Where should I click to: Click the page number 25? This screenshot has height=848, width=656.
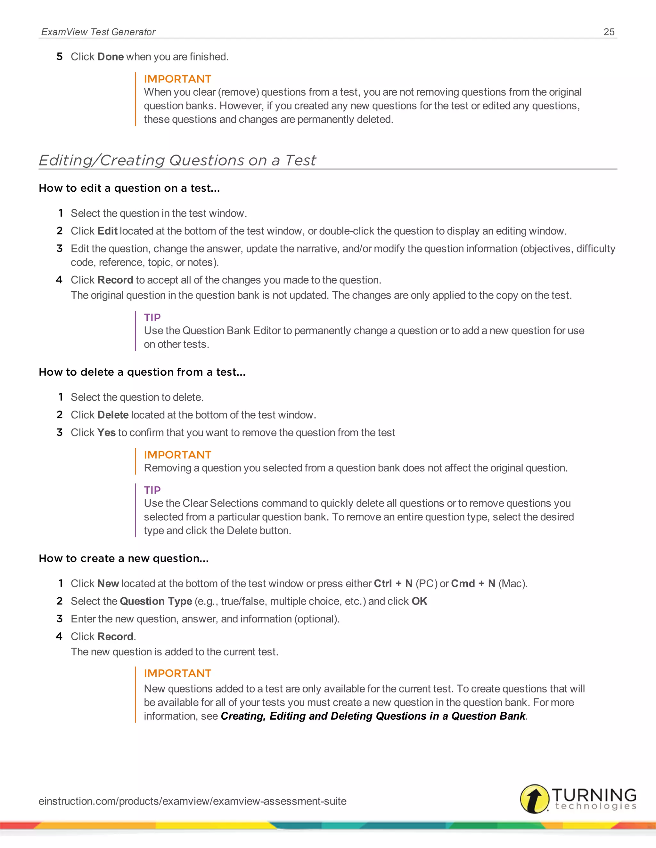[609, 32]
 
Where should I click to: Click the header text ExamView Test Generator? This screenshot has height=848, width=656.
[98, 32]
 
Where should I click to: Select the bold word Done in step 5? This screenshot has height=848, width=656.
[111, 57]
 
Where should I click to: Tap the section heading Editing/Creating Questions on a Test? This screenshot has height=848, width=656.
[177, 160]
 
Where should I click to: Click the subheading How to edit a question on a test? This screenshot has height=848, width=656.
[129, 188]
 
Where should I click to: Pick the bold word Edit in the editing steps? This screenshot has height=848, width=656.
[107, 231]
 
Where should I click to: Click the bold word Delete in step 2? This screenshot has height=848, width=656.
[113, 415]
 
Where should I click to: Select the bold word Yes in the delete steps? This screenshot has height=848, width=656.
[106, 433]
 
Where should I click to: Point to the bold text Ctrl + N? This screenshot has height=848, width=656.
[393, 584]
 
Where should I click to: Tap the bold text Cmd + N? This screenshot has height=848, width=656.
[473, 584]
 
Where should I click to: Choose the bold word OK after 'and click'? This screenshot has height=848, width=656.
[419, 602]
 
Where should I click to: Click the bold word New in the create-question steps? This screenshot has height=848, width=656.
[108, 584]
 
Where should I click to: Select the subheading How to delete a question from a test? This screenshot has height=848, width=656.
[142, 372]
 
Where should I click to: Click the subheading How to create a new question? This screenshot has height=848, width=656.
[124, 558]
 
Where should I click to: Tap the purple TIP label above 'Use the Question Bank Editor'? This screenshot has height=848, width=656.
[152, 318]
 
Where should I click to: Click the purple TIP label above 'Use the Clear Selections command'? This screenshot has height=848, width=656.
[152, 490]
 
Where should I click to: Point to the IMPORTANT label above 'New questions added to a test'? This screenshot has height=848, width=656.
[177, 673]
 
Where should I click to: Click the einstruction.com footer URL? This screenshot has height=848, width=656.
[193, 801]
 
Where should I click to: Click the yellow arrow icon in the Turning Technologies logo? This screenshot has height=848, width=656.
[534, 799]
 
